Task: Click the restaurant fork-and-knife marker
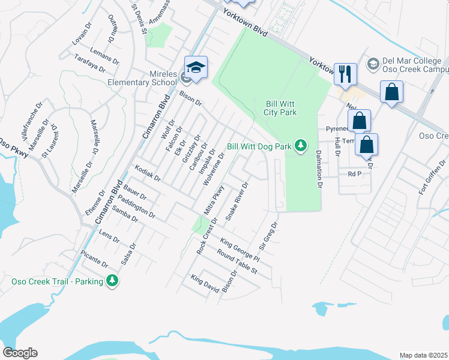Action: click(x=345, y=74)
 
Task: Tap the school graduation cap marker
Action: click(x=196, y=67)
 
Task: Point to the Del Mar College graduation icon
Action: click(x=373, y=63)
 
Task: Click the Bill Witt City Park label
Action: click(x=281, y=107)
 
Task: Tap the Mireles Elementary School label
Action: click(x=142, y=78)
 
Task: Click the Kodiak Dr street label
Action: click(x=148, y=173)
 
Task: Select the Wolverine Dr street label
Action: click(x=214, y=170)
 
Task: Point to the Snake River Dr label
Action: click(x=237, y=202)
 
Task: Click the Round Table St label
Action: click(x=237, y=263)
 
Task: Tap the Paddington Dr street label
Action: click(x=136, y=206)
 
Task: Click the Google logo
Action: click(x=20, y=353)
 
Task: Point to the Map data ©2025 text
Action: click(x=423, y=355)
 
